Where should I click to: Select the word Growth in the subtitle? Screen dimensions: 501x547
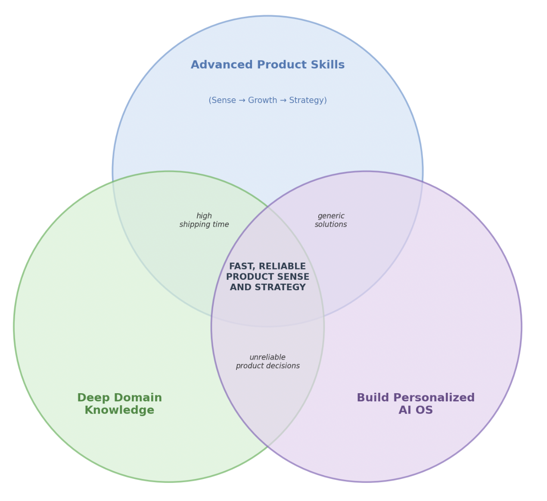click(x=262, y=100)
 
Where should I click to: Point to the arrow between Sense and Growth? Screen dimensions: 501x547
click(x=242, y=100)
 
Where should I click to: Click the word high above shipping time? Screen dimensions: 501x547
click(x=204, y=216)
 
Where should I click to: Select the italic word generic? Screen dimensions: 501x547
click(x=331, y=216)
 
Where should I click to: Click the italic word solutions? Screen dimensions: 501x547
click(x=331, y=225)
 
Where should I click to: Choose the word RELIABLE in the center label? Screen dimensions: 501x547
click(x=283, y=266)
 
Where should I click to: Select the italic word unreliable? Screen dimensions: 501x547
click(x=267, y=357)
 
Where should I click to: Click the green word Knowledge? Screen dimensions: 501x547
click(x=119, y=410)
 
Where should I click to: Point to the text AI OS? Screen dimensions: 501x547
click(x=416, y=410)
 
